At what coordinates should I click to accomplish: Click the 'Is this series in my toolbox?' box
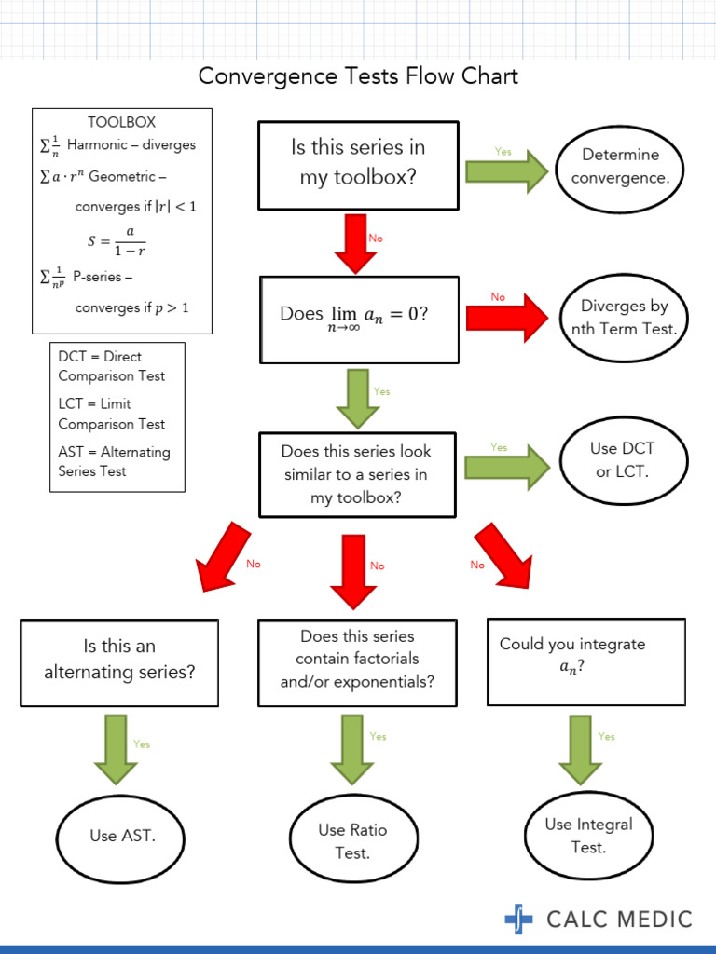coord(358,165)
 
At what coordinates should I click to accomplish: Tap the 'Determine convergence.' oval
coord(620,166)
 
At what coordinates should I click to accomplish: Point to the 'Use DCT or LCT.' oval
coord(622,459)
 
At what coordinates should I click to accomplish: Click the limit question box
coord(359,319)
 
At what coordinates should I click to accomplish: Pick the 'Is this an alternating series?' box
coord(119,662)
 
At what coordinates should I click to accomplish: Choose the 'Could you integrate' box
coord(586,661)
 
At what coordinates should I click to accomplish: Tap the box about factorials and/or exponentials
coord(357,661)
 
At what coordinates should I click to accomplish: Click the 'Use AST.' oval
coord(122,836)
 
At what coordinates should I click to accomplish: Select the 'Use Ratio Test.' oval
coord(352,840)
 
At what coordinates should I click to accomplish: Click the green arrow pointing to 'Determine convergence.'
coord(507,171)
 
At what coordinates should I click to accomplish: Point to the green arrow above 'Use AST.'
coord(116,749)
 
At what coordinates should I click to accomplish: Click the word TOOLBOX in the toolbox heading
coord(121,122)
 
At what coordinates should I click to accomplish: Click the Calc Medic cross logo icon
coord(519,919)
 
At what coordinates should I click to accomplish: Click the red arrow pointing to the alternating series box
coord(224,556)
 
